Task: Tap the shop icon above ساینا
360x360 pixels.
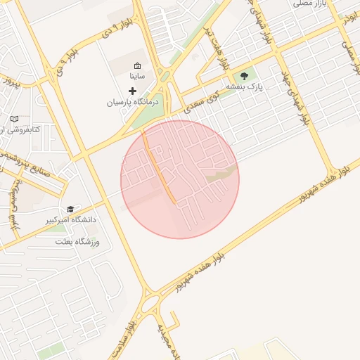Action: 137,65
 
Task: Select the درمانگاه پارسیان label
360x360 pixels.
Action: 133,102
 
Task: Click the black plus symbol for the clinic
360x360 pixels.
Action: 132,91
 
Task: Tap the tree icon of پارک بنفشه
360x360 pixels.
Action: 244,75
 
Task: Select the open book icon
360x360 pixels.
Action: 15,119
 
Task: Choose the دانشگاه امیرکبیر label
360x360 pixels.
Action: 71,220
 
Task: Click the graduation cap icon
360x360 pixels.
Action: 70,210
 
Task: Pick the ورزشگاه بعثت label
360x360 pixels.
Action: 78,242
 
